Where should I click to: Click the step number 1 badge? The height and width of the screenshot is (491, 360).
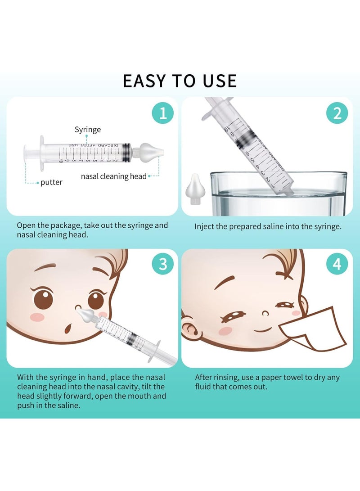coord(162,113)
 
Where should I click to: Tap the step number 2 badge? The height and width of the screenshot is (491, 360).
coord(337,113)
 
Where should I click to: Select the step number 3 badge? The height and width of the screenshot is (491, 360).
coord(162,265)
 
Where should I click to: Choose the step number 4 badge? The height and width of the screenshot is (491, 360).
coord(337,265)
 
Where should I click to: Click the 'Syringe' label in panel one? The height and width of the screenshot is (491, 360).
coord(88,130)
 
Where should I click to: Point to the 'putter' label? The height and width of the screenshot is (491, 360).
coord(51,183)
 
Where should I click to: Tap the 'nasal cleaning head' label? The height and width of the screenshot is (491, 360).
coord(114,176)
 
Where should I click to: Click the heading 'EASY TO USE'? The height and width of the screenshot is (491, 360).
coord(180,81)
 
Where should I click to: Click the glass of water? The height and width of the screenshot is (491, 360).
coord(279,194)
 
